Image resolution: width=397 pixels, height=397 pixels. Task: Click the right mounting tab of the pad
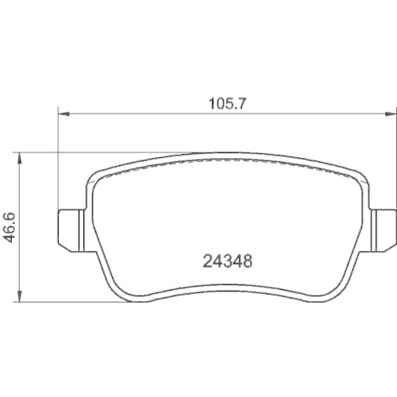coord(383,222)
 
